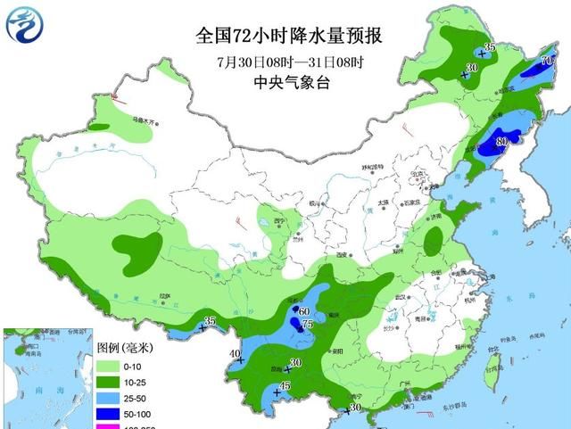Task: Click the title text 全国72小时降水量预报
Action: point(289,37)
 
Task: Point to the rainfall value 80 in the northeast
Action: point(501,140)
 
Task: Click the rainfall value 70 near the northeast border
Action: point(549,60)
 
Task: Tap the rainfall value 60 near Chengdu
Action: point(303,310)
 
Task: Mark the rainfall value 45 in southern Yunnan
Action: point(285,385)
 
